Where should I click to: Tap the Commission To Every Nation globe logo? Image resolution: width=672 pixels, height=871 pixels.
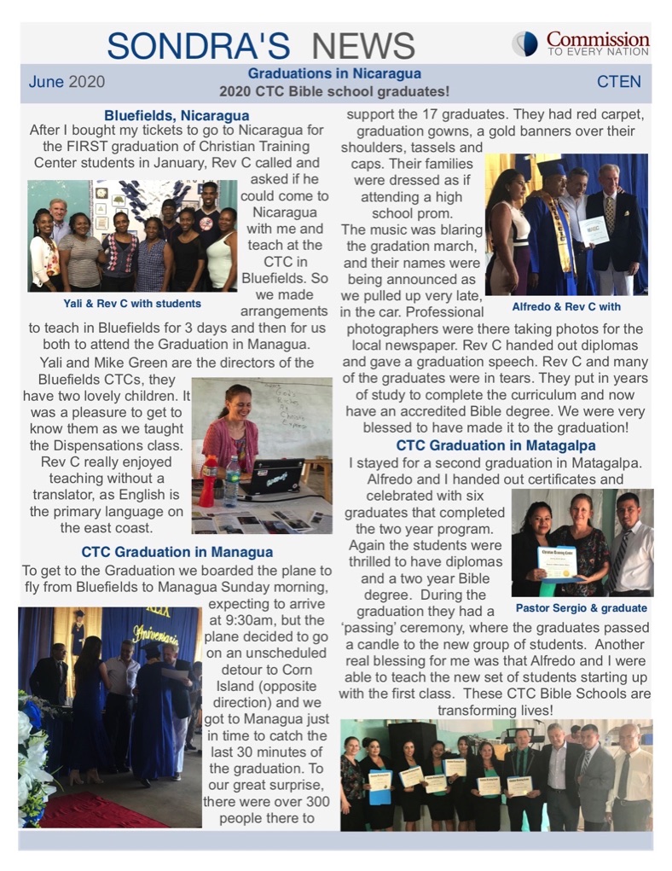[524, 44]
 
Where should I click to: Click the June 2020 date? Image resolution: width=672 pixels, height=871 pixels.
[67, 82]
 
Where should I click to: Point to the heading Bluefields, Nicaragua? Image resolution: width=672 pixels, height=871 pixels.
[177, 115]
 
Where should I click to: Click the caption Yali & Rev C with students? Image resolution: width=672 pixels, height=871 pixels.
[131, 303]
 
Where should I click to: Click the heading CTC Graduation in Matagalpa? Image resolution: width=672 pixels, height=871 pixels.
[495, 445]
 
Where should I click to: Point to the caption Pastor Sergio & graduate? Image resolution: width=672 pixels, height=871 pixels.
[581, 608]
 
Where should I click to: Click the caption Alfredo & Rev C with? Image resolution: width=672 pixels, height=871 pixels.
[566, 306]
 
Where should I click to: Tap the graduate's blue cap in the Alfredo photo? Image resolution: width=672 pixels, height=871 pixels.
[552, 167]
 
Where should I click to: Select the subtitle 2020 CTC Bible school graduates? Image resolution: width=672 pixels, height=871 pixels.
[334, 90]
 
